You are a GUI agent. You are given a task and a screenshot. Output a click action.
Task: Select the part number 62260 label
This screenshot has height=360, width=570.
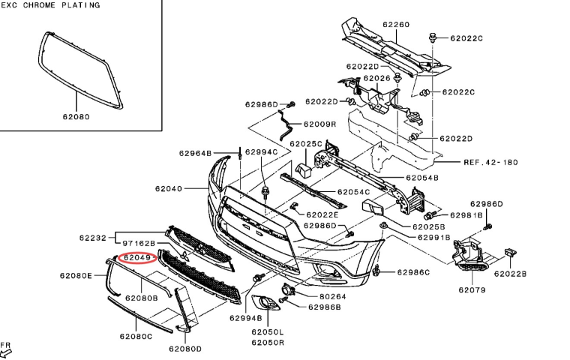click(396, 25)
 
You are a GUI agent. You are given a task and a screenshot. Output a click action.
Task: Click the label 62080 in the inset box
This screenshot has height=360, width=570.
click(76, 117)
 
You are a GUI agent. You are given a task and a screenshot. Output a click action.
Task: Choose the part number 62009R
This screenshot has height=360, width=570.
click(319, 124)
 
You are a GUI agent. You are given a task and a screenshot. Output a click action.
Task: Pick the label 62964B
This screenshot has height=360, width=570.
click(195, 153)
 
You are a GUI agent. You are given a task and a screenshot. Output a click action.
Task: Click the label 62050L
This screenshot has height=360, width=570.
click(268, 331)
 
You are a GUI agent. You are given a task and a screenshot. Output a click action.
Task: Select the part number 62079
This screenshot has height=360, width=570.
click(472, 289)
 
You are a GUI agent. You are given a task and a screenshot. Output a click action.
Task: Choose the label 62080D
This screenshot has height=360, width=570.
click(185, 349)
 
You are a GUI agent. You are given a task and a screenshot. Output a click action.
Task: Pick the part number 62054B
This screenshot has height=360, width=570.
click(422, 178)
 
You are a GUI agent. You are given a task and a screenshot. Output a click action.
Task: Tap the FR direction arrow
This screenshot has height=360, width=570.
click(7, 349)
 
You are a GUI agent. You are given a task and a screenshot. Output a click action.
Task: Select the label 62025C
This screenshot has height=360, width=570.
click(305, 143)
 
